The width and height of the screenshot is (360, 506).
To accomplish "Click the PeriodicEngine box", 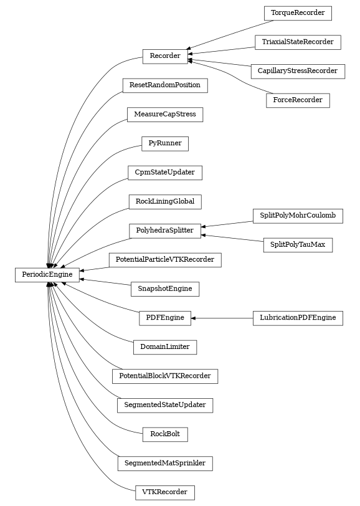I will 47,274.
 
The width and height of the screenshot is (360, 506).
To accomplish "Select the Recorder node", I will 165,56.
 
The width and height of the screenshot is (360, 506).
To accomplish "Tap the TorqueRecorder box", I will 298,12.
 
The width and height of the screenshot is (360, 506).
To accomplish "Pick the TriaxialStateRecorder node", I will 298,42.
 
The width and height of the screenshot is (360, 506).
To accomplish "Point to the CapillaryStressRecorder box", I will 298,71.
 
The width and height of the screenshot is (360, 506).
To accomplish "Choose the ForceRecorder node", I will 298,100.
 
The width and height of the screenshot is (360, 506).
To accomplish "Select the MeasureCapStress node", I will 165,115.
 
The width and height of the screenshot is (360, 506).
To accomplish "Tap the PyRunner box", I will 165,143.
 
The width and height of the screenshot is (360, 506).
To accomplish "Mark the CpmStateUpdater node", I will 165,172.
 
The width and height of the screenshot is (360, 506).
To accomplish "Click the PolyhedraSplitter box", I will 165,231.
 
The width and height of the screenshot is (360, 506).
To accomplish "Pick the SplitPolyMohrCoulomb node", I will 298,216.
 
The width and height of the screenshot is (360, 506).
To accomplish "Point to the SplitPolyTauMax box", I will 298,245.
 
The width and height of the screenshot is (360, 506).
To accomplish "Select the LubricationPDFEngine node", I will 298,318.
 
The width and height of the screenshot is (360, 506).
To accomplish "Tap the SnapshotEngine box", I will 165,289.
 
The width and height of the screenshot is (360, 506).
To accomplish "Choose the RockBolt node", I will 165,434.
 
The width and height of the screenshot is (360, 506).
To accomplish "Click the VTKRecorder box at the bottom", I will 165,492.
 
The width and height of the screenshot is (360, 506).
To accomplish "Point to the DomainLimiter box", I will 165,346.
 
